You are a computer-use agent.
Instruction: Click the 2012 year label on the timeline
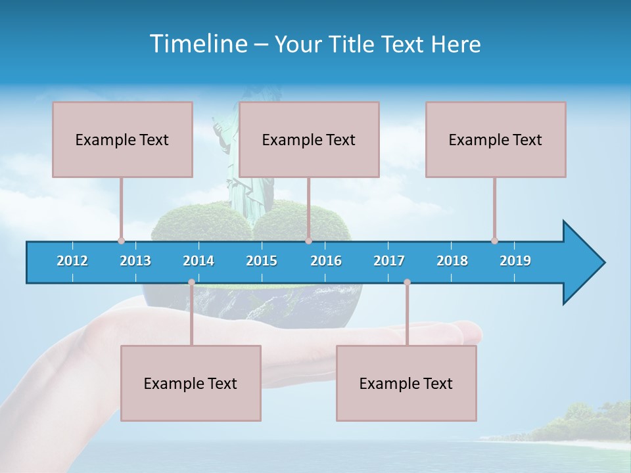(72, 261)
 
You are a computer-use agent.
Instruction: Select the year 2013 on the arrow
(135, 261)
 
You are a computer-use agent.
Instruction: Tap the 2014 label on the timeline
(199, 261)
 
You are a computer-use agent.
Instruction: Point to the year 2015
(262, 261)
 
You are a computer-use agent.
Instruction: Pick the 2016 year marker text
(326, 261)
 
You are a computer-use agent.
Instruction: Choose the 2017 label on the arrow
(389, 261)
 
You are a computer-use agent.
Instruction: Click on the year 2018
(452, 261)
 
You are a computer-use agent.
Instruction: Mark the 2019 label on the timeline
(515, 261)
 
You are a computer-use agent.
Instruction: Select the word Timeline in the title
(198, 44)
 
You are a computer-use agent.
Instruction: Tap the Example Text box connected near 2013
(122, 139)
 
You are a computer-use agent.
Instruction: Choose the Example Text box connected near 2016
(309, 139)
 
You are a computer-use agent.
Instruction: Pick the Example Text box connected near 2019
(496, 139)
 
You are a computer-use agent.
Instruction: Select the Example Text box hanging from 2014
(191, 383)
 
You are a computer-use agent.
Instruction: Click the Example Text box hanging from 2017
(406, 383)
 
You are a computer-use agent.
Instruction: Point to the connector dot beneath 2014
(191, 282)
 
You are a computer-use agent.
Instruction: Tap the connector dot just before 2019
(494, 240)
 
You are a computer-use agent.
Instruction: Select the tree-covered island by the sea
(578, 424)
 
